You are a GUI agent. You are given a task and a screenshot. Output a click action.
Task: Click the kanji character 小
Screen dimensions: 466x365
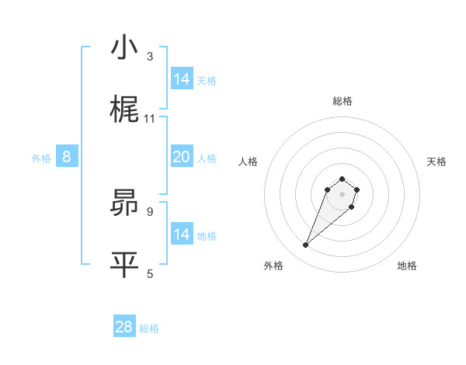[124, 48]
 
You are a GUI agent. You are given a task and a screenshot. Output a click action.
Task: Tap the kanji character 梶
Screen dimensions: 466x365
[124, 109]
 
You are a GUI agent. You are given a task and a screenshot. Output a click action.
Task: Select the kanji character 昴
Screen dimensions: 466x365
[124, 203]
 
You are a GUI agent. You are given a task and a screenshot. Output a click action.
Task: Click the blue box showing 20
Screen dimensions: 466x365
[181, 157]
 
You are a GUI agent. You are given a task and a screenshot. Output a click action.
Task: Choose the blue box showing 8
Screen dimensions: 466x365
[67, 157]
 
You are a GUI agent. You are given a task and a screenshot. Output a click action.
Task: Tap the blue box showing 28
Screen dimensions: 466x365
[124, 327]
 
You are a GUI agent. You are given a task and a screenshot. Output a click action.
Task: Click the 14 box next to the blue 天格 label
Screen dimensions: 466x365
[181, 79]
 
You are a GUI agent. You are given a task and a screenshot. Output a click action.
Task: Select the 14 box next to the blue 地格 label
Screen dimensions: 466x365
[181, 235]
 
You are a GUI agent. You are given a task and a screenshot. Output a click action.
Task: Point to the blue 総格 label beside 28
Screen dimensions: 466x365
[149, 328]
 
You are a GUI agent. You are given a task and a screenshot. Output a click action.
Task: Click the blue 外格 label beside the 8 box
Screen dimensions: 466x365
[41, 158]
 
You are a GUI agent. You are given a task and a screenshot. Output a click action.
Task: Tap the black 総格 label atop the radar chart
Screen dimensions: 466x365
[342, 101]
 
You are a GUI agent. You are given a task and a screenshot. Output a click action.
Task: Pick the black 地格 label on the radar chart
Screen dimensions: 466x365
[407, 266]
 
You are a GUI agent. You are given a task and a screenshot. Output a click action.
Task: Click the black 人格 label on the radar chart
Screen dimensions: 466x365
[249, 162]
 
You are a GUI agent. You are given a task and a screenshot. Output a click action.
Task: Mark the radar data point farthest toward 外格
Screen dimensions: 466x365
[306, 245]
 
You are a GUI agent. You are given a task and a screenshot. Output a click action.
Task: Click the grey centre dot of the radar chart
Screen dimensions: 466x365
[342, 194]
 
